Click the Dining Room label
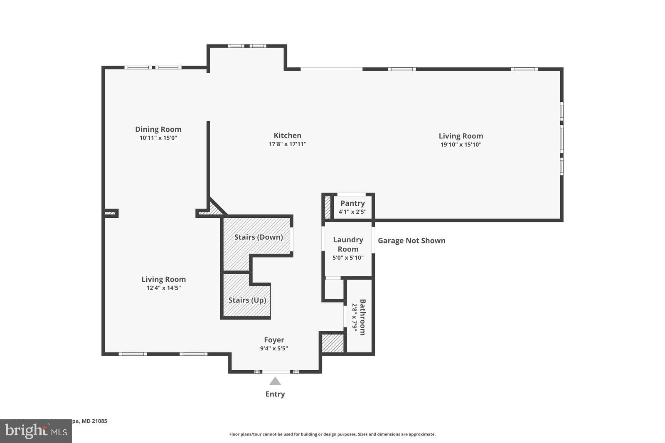158,129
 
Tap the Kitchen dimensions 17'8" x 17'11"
287,144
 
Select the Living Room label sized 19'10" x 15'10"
461,136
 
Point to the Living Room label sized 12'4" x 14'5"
163,279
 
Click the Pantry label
352,203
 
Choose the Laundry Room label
348,244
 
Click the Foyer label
274,340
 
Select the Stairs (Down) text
258,237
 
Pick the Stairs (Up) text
247,300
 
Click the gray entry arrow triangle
275,381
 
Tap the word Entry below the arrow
275,394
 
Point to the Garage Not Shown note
411,241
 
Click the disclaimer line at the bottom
332,434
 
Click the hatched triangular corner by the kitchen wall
214,209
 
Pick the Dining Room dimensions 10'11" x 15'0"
158,138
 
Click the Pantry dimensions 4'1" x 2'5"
352,212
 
